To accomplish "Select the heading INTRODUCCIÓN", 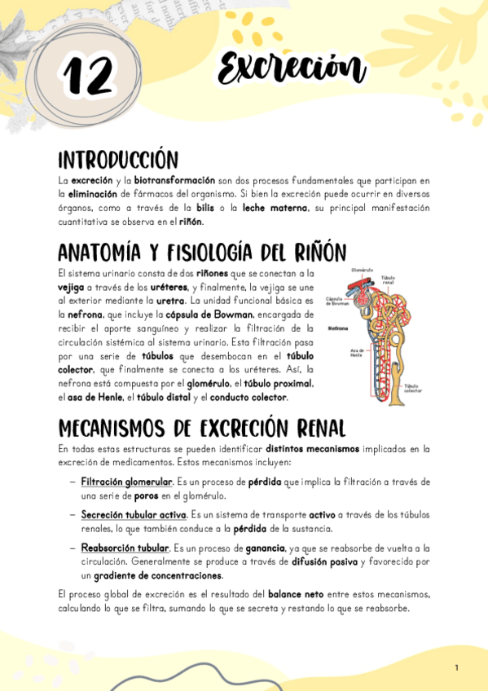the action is [x=117, y=158].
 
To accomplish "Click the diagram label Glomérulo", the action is [x=362, y=270].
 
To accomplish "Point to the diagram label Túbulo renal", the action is [x=389, y=280].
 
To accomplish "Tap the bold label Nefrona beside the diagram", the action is [x=338, y=328].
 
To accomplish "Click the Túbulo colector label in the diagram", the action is [x=414, y=389].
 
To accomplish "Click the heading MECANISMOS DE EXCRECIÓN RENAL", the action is [x=202, y=429].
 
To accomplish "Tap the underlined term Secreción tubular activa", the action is [x=134, y=515].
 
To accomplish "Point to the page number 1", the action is [x=457, y=668].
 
